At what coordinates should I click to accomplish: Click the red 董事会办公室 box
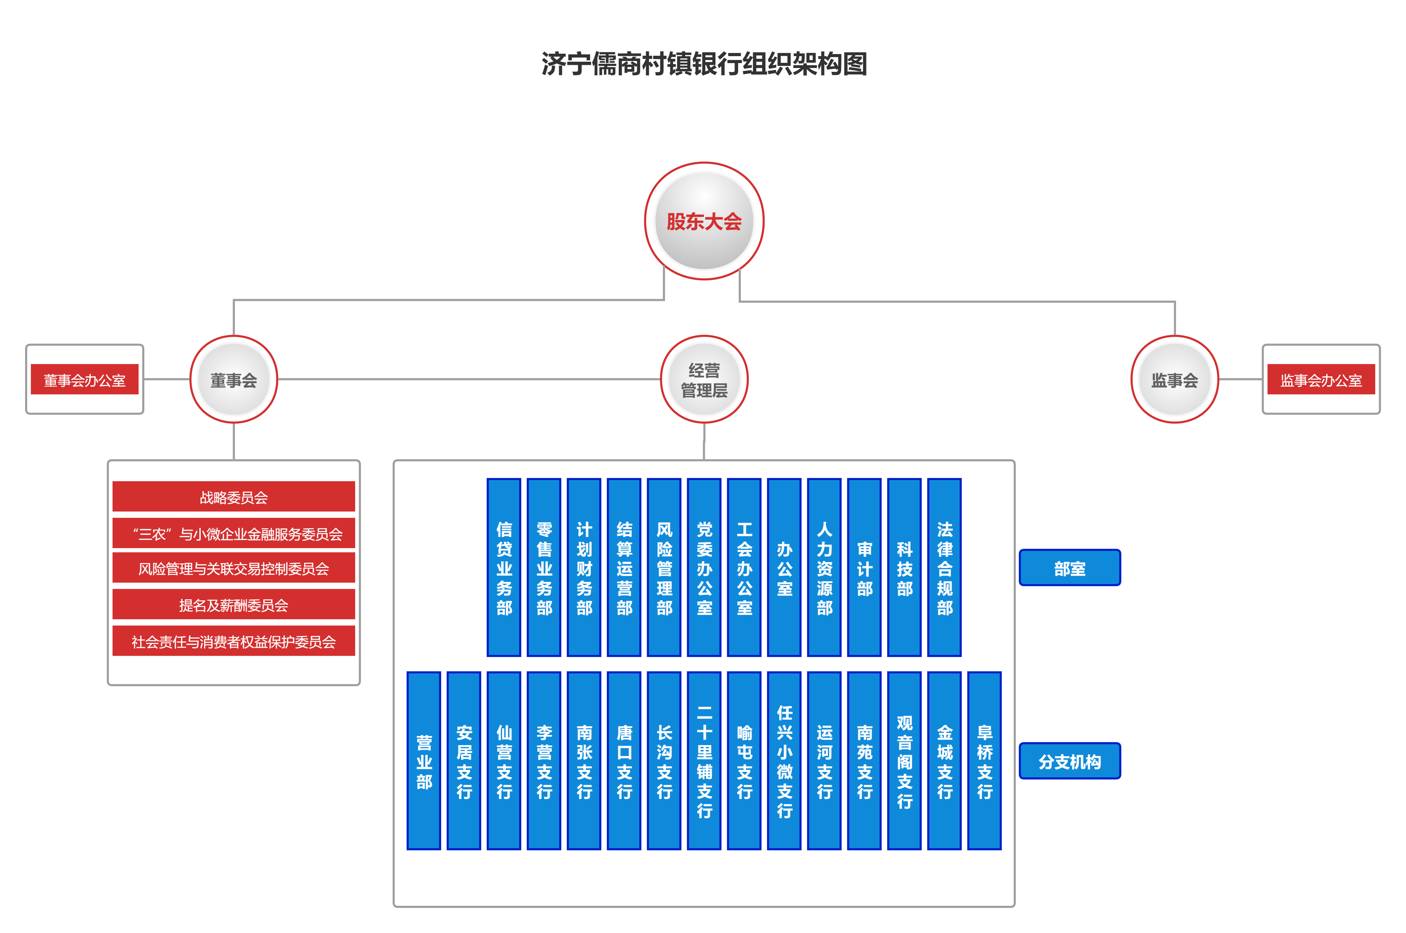pyautogui.click(x=84, y=380)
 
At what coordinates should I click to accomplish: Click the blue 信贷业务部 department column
pyautogui.click(x=504, y=567)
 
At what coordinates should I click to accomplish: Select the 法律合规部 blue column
pyautogui.click(x=944, y=567)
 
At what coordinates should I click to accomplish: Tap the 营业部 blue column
pyautogui.click(x=424, y=760)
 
